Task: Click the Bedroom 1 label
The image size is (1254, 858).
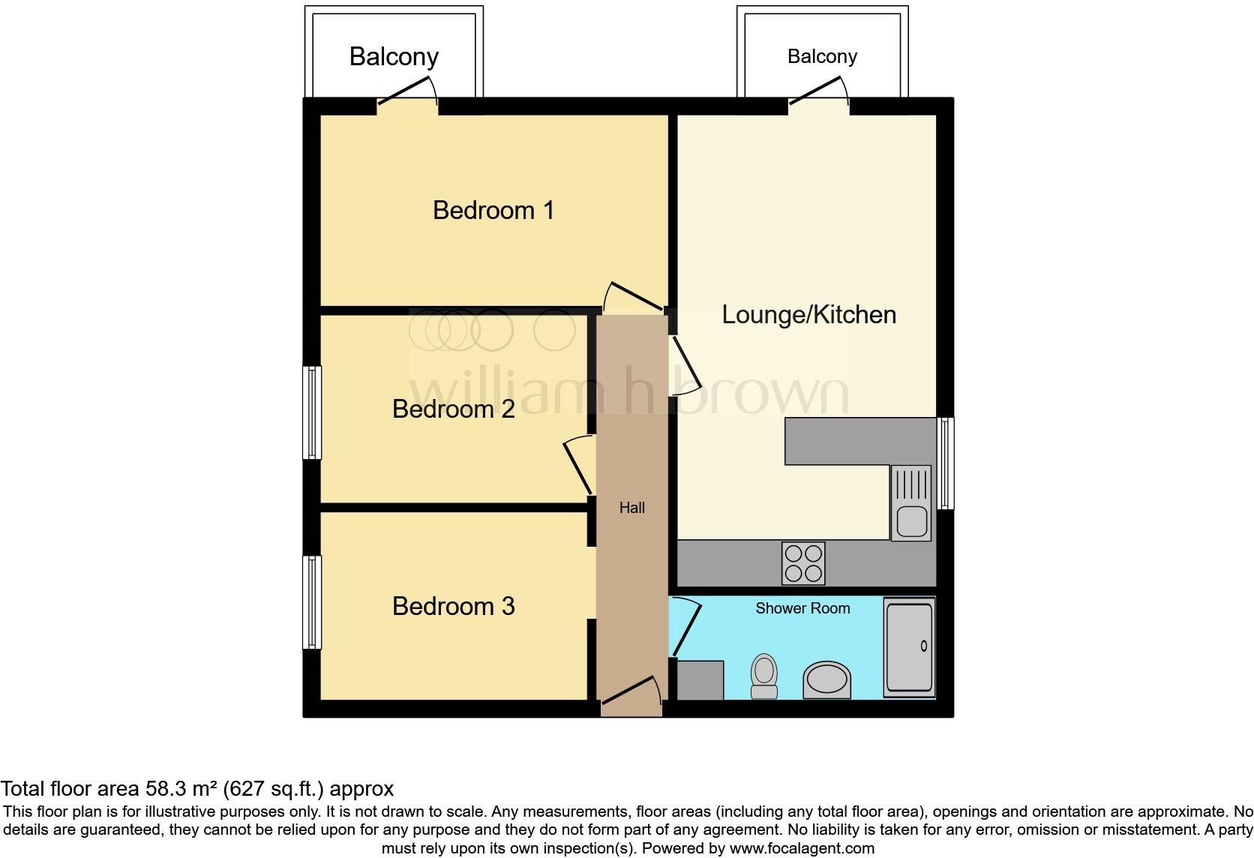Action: [493, 210]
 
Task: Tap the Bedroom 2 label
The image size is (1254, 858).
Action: [453, 409]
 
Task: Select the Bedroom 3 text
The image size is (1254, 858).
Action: [453, 606]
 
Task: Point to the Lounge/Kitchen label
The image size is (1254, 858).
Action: [808, 314]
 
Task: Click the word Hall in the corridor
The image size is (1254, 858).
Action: [631, 508]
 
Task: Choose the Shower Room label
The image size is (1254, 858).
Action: [802, 608]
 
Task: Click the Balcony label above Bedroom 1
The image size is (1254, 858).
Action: [394, 56]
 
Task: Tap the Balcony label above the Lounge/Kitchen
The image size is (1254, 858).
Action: [822, 56]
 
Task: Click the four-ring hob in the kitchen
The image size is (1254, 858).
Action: [803, 563]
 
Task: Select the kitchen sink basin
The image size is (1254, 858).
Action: [911, 520]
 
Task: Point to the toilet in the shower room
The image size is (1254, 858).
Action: [764, 675]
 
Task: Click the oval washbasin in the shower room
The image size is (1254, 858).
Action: [828, 680]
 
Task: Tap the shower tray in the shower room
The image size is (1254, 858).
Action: [909, 646]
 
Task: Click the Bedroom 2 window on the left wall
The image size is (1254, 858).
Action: [312, 412]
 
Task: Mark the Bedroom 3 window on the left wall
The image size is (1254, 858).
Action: [312, 601]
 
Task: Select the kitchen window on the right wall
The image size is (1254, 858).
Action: [946, 463]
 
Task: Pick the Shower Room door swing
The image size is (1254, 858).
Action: [684, 627]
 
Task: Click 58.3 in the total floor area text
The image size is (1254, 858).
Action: [166, 789]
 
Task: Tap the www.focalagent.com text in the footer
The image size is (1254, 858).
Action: [801, 849]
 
